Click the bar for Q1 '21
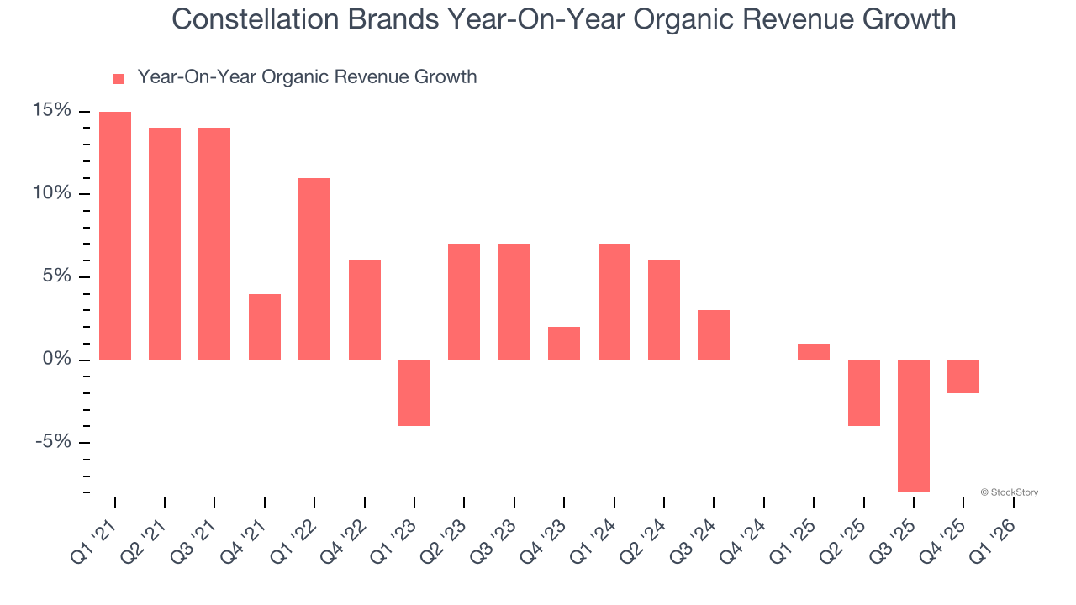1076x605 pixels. (x=115, y=236)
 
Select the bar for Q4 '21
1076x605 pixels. (x=265, y=327)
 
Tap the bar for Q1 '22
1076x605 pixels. (x=314, y=269)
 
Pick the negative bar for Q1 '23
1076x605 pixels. (x=414, y=393)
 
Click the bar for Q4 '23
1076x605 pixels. (x=564, y=344)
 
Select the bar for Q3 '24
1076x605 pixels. (x=714, y=335)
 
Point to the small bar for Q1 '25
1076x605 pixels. (x=814, y=352)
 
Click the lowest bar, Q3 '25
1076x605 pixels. (x=914, y=426)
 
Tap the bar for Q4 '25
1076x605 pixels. (x=963, y=376)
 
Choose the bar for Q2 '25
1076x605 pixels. (x=863, y=393)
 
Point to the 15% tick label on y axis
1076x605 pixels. (x=52, y=111)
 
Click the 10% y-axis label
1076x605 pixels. (x=52, y=193)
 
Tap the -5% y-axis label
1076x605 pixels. (x=55, y=442)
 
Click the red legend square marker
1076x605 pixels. (x=119, y=79)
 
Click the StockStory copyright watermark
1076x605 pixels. (x=1009, y=492)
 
